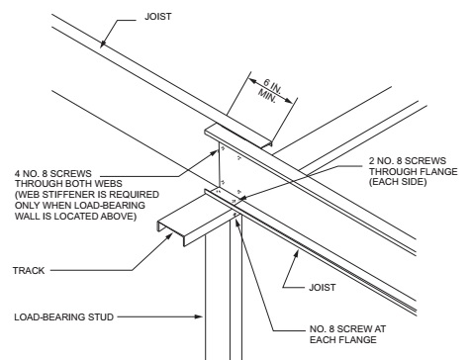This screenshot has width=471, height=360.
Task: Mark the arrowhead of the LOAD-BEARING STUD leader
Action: (x=205, y=316)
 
